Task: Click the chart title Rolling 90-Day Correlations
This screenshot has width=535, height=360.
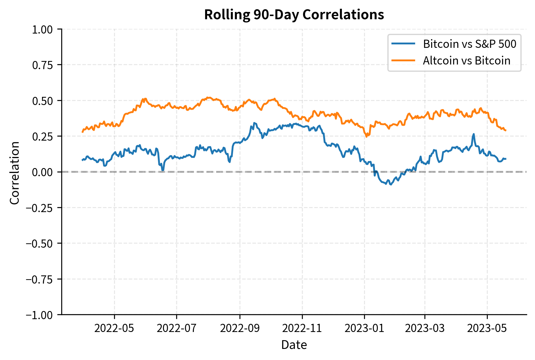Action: (x=294, y=15)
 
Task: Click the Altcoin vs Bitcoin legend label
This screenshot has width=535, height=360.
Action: (x=466, y=61)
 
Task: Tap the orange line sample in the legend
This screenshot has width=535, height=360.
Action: (x=403, y=60)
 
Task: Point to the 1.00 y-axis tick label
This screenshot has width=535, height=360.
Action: (x=42, y=29)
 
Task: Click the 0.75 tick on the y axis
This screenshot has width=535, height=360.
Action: (x=42, y=65)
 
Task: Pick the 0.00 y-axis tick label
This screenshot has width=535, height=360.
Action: (x=42, y=172)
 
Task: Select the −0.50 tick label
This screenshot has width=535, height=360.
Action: (x=40, y=244)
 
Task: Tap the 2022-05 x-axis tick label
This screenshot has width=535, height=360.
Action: (x=114, y=328)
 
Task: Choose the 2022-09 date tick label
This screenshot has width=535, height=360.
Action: (x=239, y=328)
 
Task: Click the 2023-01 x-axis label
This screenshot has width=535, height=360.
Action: (x=364, y=328)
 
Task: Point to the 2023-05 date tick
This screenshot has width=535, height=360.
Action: (x=487, y=328)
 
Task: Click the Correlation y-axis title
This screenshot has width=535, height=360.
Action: (x=15, y=173)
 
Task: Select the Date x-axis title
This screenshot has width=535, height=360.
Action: (x=294, y=345)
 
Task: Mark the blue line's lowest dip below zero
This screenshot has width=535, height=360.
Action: (x=391, y=184)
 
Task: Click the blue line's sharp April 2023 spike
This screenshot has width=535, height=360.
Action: (x=473, y=134)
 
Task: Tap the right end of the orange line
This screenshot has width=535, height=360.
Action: (x=506, y=130)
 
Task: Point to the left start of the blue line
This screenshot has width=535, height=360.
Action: (x=82, y=160)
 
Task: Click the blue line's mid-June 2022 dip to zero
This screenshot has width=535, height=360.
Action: (x=163, y=170)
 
